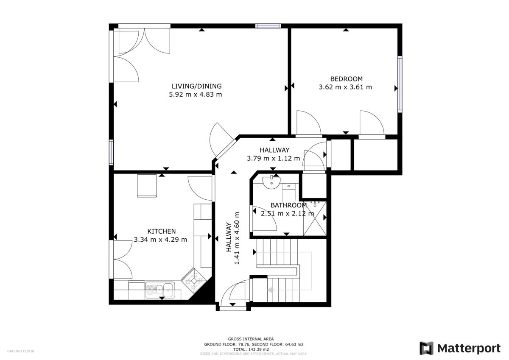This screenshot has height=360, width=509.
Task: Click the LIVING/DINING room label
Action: [196, 87]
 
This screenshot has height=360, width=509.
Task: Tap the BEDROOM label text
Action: [346, 79]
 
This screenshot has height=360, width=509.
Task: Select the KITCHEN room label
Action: [162, 232]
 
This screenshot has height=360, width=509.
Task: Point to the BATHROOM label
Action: [288, 205]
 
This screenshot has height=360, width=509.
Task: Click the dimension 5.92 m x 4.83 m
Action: [196, 95]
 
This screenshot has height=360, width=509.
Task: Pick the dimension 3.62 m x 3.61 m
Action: [345, 87]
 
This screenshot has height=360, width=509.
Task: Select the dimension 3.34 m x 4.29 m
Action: [160, 240]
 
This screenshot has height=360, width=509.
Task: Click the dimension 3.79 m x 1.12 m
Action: [273, 158]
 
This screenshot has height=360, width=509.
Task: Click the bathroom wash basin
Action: [271, 183]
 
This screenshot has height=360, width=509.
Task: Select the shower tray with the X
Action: [315, 218]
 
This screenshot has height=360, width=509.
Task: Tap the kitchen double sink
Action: [160, 290]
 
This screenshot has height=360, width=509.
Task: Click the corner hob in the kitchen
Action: [194, 281]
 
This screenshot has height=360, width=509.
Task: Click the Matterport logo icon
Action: [426, 348]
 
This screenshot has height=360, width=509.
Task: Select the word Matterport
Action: [469, 349]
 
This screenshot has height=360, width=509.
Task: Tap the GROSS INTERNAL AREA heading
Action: [251, 339]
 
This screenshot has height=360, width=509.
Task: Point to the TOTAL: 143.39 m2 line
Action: [251, 349]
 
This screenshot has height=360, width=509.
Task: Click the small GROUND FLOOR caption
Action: [21, 351]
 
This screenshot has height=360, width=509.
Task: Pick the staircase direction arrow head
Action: [270, 290]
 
